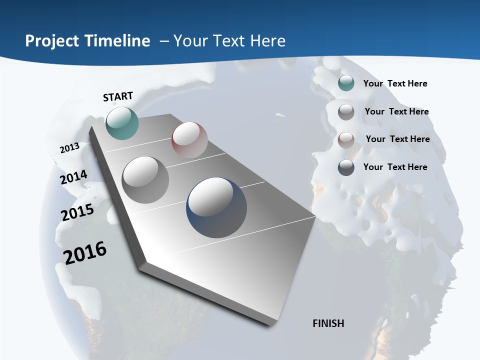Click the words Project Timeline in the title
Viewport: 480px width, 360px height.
[87, 41]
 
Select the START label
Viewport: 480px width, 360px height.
[118, 96]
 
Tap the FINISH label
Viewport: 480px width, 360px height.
[328, 323]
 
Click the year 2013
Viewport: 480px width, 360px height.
[70, 148]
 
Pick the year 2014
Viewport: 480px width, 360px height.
[74, 177]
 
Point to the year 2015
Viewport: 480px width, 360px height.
[77, 212]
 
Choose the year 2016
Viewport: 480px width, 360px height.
[85, 252]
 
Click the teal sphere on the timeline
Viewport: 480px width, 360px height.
[122, 123]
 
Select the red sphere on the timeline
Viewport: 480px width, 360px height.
[189, 140]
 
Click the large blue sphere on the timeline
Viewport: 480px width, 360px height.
[216, 207]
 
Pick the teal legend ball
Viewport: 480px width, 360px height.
[346, 83]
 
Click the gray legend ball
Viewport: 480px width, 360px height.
[346, 112]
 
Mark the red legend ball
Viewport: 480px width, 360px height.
[346, 140]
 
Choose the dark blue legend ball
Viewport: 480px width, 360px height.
[346, 167]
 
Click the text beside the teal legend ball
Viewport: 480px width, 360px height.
[395, 83]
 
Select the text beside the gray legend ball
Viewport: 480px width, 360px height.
[396, 111]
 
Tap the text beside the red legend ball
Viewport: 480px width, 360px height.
[397, 139]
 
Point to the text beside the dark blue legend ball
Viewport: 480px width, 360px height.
[395, 167]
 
